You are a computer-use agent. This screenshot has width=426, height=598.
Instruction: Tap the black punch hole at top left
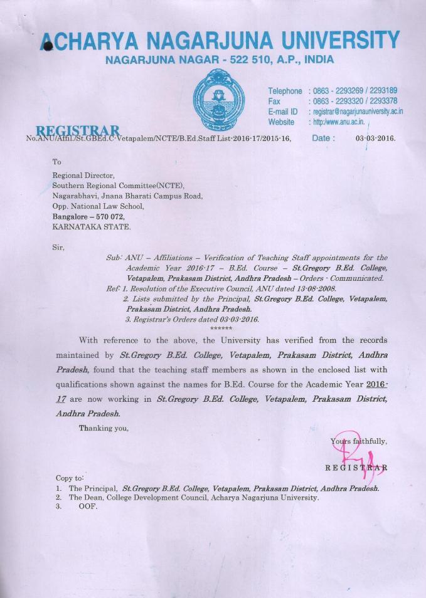[46, 48]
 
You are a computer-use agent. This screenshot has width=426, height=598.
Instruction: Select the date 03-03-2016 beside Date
[375, 138]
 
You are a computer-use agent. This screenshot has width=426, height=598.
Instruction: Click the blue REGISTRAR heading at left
[78, 130]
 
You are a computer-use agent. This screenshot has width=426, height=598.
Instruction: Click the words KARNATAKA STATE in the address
[92, 227]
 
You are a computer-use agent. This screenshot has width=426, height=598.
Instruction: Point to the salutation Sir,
[58, 247]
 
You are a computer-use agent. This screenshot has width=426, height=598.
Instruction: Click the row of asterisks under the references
[221, 328]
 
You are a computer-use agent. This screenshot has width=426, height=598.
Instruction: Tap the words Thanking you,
[104, 428]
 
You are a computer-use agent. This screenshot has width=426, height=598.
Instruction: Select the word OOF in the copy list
[88, 506]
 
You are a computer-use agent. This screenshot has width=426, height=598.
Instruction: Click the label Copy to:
[70, 478]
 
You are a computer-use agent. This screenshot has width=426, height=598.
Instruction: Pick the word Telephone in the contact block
[285, 91]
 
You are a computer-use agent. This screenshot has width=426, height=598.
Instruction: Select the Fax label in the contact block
[274, 101]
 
